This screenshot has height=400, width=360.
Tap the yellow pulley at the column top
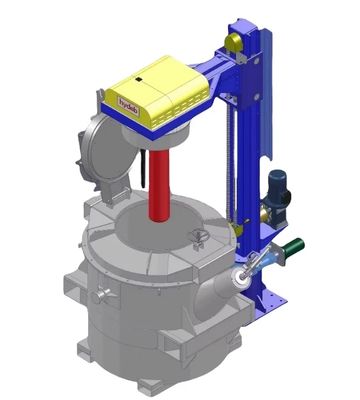tap(233, 41)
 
